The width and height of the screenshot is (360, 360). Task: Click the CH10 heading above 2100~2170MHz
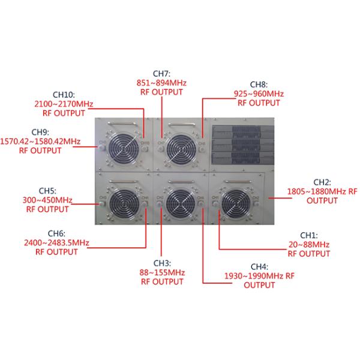pos(63,94)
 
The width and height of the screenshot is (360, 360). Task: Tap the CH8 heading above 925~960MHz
pos(259,85)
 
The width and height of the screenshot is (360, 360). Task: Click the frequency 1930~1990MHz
pos(252,275)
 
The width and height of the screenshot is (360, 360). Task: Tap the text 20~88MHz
pos(309,245)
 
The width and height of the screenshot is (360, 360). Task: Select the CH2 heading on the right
pos(322,182)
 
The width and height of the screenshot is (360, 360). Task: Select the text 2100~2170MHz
pos(63,103)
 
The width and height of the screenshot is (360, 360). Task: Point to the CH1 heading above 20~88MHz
pos(309,236)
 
